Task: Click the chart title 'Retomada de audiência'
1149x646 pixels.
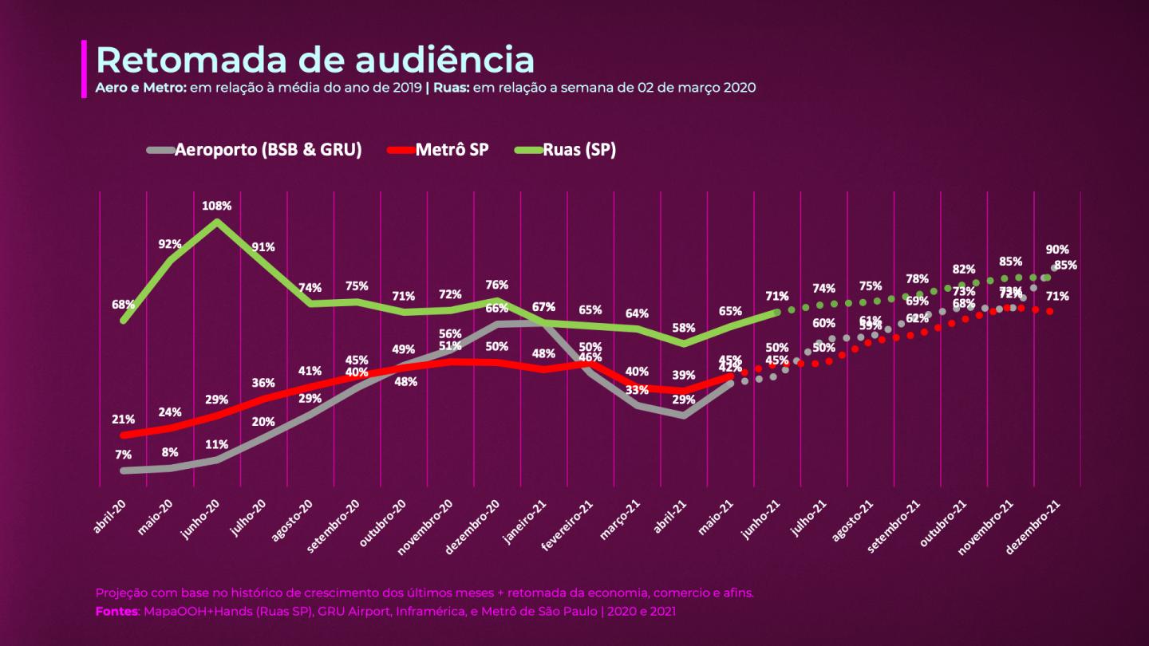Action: click(314, 61)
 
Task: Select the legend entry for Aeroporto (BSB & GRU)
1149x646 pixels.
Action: click(268, 150)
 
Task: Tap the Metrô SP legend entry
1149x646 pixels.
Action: click(452, 150)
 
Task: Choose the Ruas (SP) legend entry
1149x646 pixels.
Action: click(579, 150)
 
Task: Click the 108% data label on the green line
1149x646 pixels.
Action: click(216, 206)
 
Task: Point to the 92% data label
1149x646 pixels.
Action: click(170, 244)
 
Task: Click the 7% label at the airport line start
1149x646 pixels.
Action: click(123, 455)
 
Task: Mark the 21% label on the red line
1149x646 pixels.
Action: click(124, 420)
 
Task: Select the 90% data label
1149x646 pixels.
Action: click(1057, 250)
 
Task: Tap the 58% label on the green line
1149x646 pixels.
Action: click(683, 328)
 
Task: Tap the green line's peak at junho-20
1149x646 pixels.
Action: click(217, 221)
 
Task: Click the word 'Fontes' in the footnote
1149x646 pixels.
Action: click(116, 611)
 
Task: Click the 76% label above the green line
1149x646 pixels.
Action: click(497, 285)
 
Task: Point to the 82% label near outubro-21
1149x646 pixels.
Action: click(963, 270)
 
